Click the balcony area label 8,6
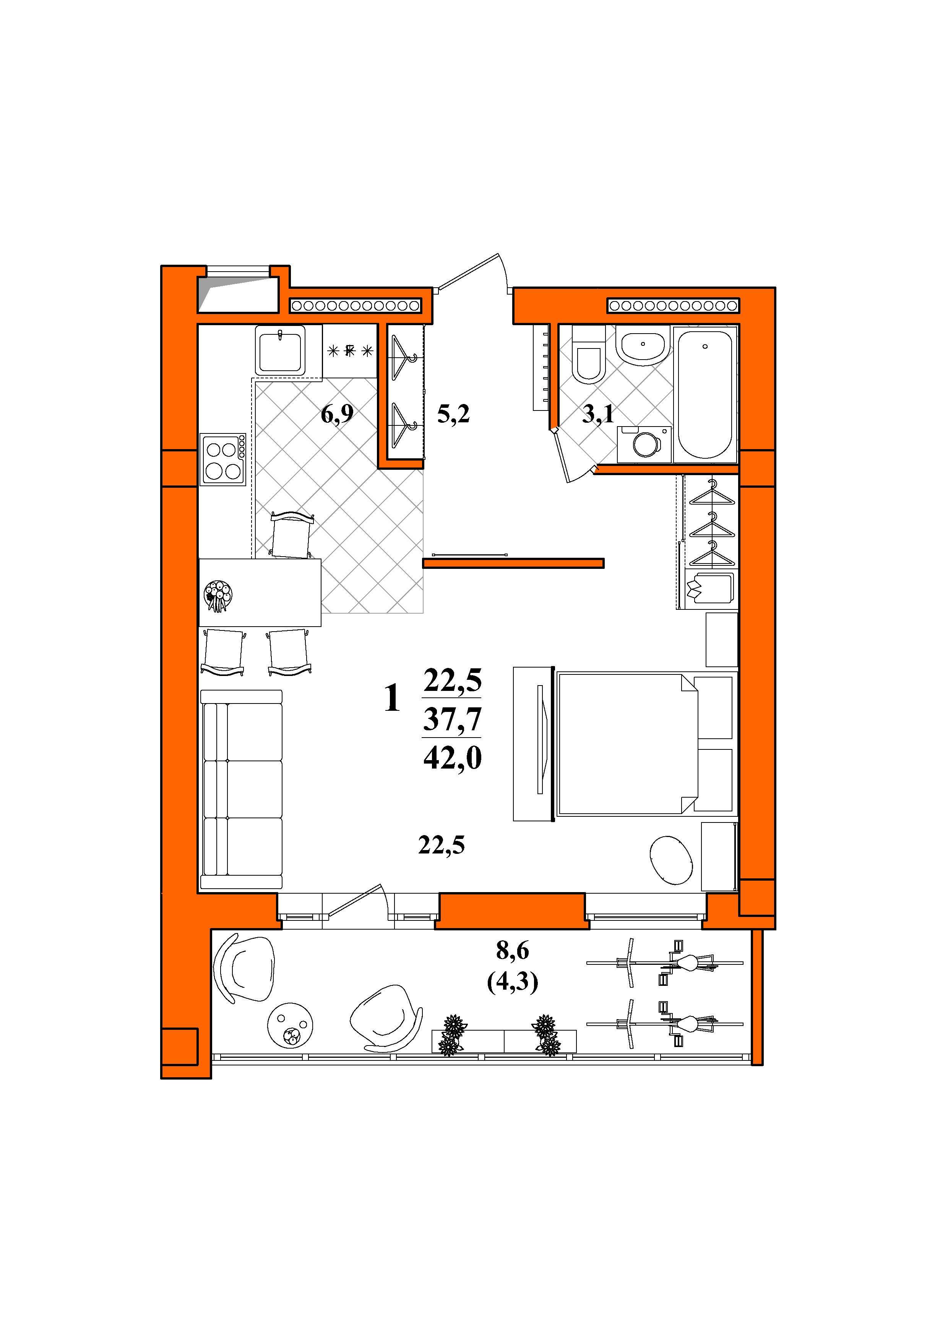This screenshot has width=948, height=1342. coord(512,951)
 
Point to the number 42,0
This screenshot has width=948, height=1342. coord(453,759)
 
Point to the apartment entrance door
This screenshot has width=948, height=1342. coord(474,273)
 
